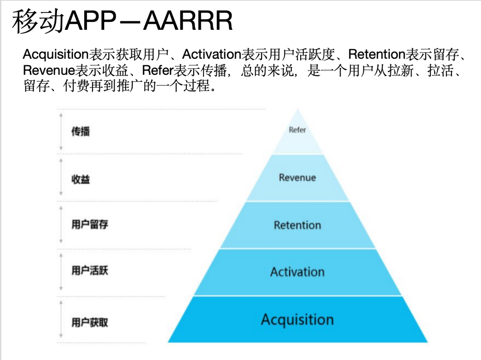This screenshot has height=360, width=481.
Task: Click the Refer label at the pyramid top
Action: pyautogui.click(x=297, y=130)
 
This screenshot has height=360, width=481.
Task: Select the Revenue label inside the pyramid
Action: pyautogui.click(x=297, y=178)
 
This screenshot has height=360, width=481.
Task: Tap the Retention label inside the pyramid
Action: pyautogui.click(x=297, y=225)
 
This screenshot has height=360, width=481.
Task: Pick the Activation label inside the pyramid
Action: pyautogui.click(x=297, y=272)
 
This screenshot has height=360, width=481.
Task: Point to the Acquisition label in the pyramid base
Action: pyautogui.click(x=297, y=320)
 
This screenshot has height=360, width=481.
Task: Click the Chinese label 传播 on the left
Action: pyautogui.click(x=81, y=131)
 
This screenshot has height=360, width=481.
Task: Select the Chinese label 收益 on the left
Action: pyautogui.click(x=81, y=179)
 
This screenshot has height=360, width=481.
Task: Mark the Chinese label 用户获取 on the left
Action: pyautogui.click(x=90, y=322)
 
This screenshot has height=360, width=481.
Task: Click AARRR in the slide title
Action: pyautogui.click(x=188, y=21)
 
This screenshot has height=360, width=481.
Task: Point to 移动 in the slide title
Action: pyautogui.click(x=38, y=21)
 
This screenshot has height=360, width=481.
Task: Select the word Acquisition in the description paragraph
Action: pyautogui.click(x=56, y=55)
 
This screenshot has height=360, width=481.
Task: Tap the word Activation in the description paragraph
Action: pyautogui.click(x=212, y=55)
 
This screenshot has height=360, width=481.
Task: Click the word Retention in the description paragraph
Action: pyautogui.click(x=376, y=55)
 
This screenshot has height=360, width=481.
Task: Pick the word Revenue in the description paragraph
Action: pyautogui.click(x=49, y=70)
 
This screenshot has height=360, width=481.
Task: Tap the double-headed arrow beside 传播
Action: pyautogui.click(x=61, y=132)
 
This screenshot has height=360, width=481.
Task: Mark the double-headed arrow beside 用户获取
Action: pyautogui.click(x=61, y=319)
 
